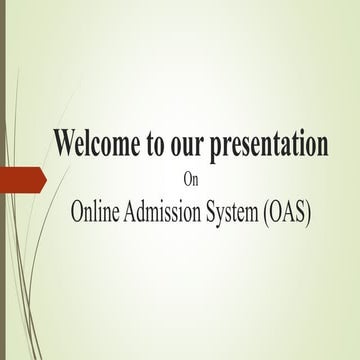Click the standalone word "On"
[x=193, y=181]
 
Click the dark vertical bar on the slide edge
[x=3, y=180]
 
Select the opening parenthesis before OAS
[x=269, y=212]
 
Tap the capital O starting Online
[x=77, y=211]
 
